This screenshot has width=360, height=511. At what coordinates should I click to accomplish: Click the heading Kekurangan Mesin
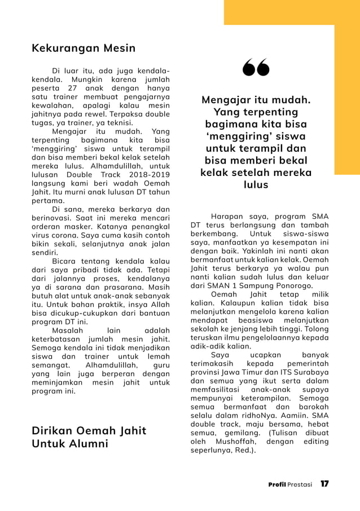coord(84,49)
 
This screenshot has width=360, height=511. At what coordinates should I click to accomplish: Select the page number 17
coord(324,484)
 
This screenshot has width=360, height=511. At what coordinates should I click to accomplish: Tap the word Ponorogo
coord(291,285)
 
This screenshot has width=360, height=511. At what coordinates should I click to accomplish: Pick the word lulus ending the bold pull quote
coord(256,185)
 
